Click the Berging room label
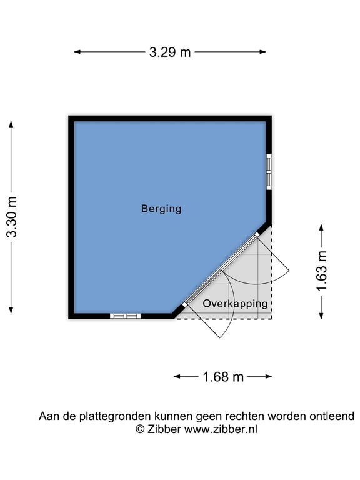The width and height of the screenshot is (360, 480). (161, 209)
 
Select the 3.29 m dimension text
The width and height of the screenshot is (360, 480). (170, 52)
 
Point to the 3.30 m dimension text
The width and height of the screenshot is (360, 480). (12, 217)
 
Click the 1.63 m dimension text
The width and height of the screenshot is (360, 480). (322, 271)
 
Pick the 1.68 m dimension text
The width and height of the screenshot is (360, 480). (223, 377)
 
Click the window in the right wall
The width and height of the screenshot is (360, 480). (269, 171)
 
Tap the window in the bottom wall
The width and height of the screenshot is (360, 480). (126, 316)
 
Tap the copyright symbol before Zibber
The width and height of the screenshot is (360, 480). (141, 429)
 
